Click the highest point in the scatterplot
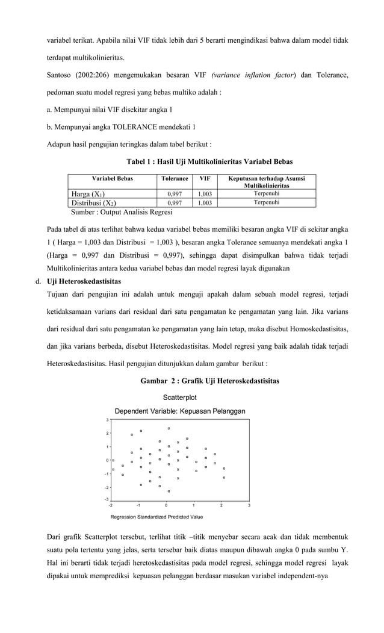(169, 428)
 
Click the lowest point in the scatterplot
(169, 491)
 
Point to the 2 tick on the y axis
(107, 434)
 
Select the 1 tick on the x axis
(194, 505)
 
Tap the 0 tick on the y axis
(107, 461)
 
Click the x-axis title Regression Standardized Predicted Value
(156, 517)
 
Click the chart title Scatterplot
(179, 398)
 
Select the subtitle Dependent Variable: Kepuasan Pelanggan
(179, 411)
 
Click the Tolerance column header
(175, 179)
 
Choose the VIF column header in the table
(205, 179)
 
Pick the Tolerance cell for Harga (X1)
(175, 194)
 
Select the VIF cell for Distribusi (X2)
(205, 204)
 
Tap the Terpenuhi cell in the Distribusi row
(266, 203)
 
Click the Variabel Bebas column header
(112, 179)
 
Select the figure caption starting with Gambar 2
(209, 381)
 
